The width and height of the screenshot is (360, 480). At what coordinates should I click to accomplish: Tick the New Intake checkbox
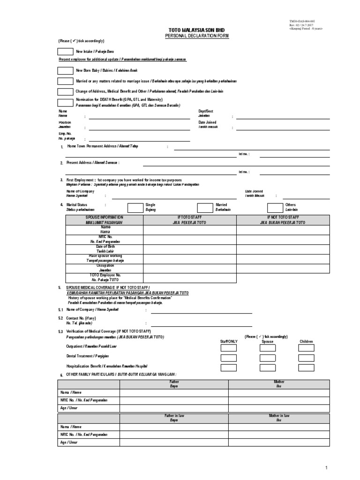65,52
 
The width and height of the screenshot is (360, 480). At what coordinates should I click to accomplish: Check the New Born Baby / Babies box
65,71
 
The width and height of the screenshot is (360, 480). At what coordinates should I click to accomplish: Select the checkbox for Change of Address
65,92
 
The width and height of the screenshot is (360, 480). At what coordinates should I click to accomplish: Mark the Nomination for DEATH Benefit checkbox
65,103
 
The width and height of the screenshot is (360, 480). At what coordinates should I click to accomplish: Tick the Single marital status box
135,208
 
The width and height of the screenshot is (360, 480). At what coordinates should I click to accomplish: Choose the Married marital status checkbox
205,208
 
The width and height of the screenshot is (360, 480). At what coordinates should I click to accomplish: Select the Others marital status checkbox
275,208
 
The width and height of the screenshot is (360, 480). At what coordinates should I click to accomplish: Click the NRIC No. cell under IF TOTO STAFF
189,240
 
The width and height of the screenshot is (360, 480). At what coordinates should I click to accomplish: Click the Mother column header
279,384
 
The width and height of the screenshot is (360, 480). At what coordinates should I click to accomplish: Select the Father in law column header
174,418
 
